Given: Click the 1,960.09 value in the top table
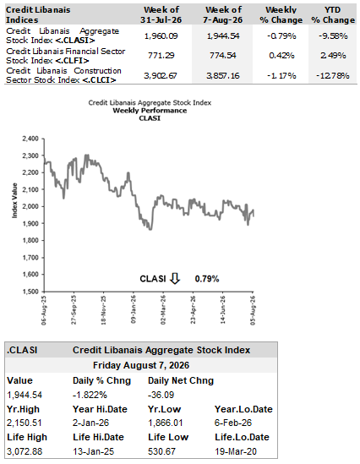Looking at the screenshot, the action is (x=161, y=35).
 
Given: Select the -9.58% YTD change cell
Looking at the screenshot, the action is (x=333, y=35).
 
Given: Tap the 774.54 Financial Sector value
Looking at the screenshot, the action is (x=223, y=55).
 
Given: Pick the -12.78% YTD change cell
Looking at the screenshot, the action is (x=333, y=76).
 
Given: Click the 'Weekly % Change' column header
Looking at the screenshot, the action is (x=281, y=15).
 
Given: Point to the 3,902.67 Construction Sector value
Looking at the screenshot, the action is (x=161, y=76).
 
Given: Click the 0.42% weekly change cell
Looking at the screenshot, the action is (x=281, y=55).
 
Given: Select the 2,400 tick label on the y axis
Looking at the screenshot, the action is (x=30, y=139).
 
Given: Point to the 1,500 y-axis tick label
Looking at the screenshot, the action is (x=30, y=292).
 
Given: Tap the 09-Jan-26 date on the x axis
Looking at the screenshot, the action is (x=134, y=309).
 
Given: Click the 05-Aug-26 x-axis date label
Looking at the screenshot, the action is (x=253, y=310).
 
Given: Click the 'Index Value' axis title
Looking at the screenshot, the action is (x=14, y=200).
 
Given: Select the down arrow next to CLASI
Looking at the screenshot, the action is (x=175, y=278).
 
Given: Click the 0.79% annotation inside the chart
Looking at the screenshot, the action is (x=207, y=279).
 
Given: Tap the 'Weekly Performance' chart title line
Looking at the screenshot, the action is (x=150, y=111).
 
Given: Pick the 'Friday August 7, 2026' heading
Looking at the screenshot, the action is (x=141, y=365).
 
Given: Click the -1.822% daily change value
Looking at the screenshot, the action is (x=90, y=395).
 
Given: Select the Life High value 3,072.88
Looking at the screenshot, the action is (x=25, y=451).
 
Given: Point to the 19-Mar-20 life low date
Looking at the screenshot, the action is (x=236, y=451).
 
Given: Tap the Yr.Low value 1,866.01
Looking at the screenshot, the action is (x=166, y=423).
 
